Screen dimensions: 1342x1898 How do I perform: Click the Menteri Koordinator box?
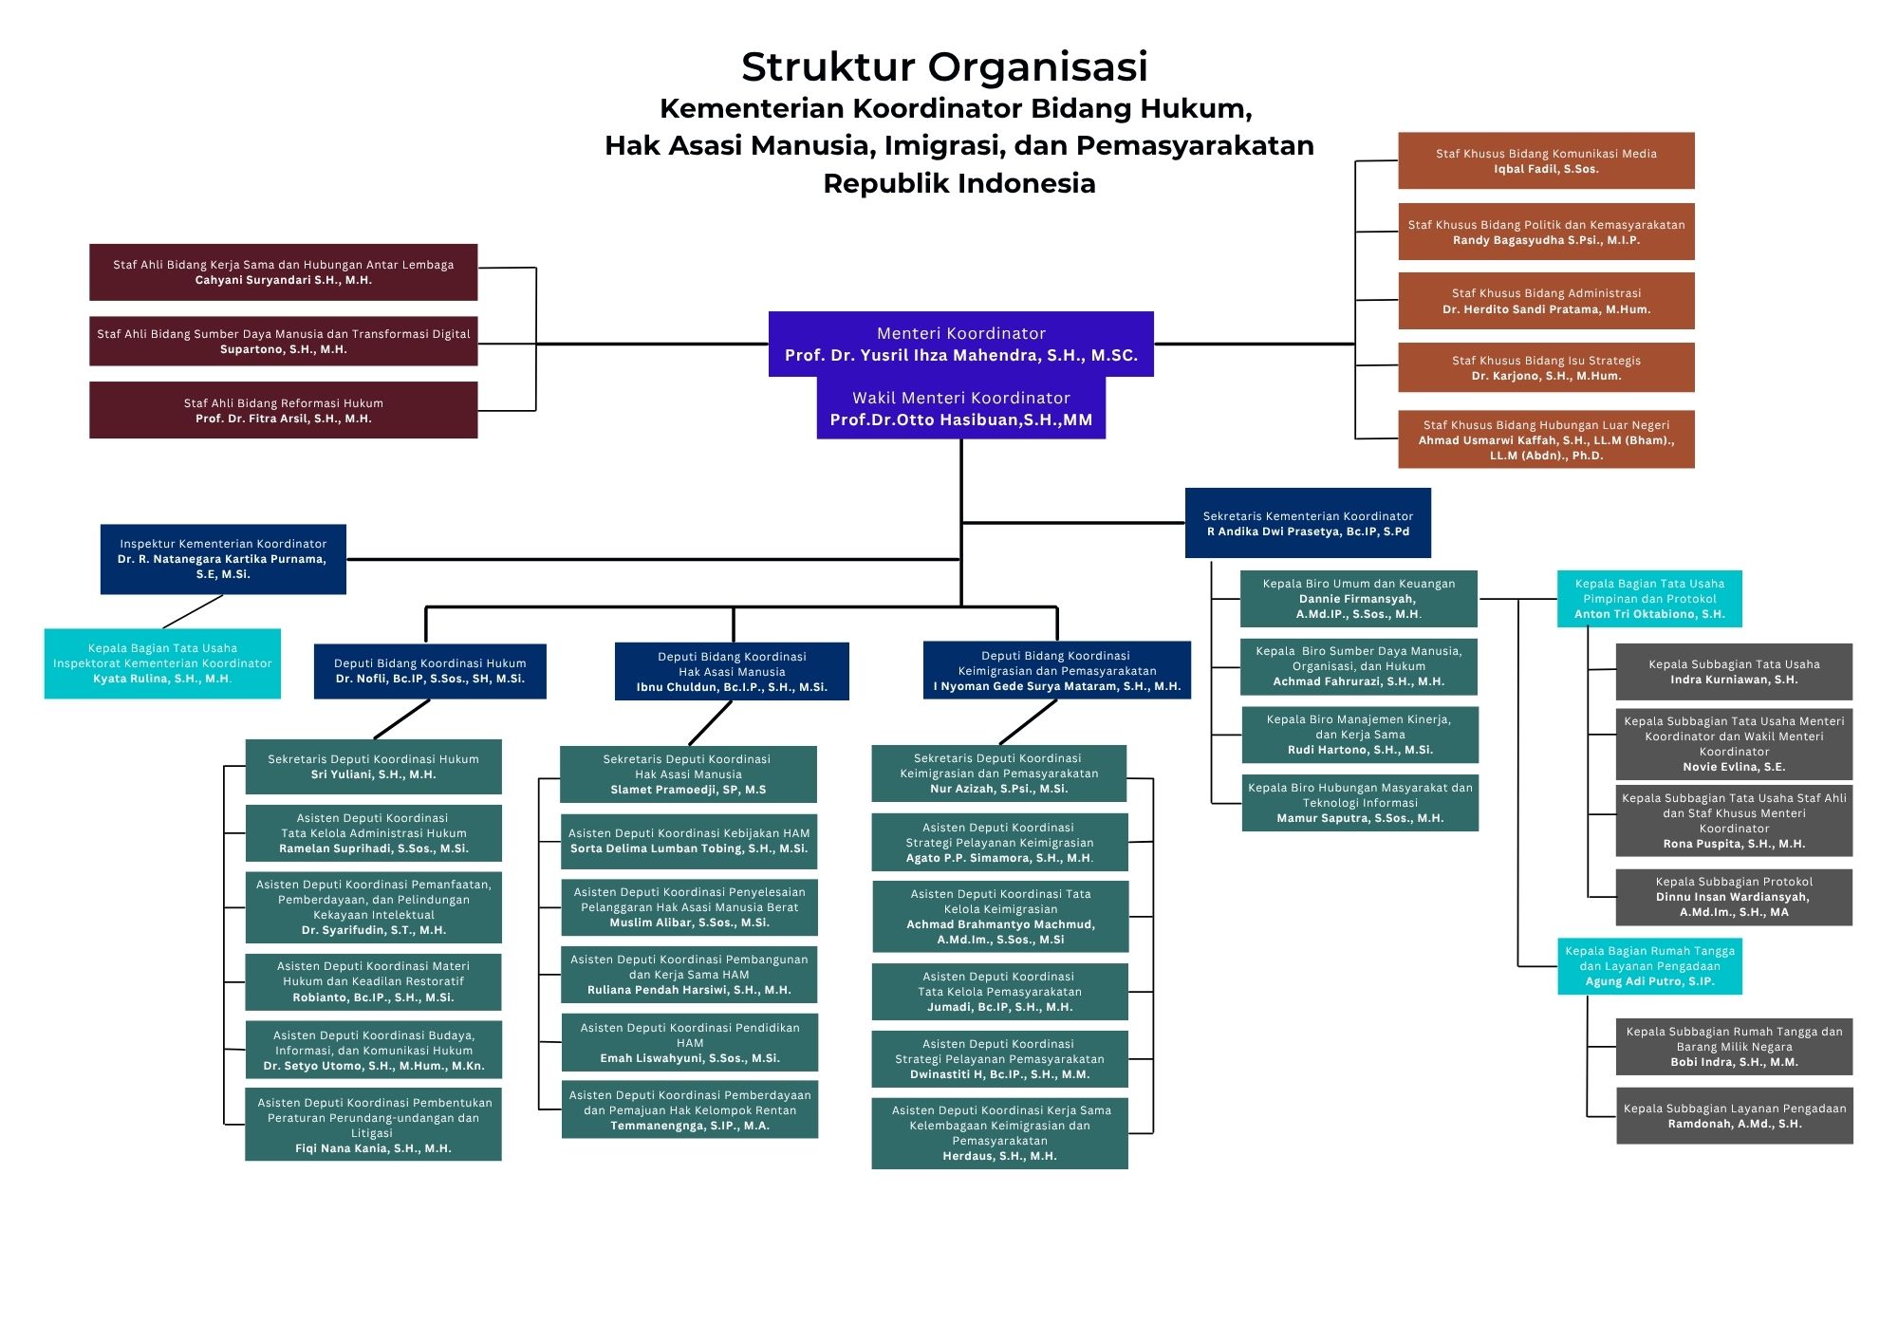click(960, 344)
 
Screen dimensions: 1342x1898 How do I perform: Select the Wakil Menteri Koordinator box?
click(960, 408)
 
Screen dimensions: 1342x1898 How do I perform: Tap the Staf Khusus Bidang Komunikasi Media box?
click(1545, 160)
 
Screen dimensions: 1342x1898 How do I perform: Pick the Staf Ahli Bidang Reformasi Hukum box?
click(283, 410)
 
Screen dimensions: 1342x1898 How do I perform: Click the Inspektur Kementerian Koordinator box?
click(223, 559)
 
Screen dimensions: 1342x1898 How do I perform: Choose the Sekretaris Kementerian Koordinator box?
click(1308, 523)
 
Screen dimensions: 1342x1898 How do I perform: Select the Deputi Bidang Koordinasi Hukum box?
click(430, 671)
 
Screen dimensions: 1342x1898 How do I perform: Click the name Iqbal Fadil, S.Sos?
click(1546, 169)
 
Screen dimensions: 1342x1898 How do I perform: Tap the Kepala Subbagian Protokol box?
click(1734, 897)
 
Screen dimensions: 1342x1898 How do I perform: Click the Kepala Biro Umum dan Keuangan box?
click(1358, 599)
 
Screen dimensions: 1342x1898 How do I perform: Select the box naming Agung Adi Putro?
click(1649, 966)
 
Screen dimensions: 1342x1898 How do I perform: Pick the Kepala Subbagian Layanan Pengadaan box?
click(1734, 1115)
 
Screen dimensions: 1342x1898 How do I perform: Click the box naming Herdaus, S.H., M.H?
click(999, 1133)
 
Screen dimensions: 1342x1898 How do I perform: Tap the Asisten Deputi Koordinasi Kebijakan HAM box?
click(689, 841)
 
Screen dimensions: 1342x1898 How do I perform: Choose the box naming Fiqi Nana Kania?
click(373, 1125)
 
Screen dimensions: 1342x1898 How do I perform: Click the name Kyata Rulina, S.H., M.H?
click(162, 679)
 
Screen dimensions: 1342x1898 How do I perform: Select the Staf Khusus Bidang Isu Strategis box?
click(1545, 367)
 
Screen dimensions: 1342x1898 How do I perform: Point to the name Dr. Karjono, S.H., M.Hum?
click(1546, 376)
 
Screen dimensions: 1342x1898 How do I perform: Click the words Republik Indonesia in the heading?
click(958, 183)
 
